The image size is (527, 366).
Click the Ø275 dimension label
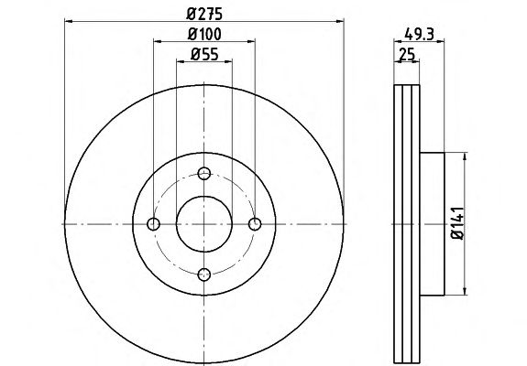(204, 14)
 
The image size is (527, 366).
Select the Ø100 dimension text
(204, 34)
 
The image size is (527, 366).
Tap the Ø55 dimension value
(204, 54)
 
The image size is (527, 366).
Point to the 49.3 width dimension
(419, 34)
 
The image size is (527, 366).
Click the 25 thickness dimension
(407, 54)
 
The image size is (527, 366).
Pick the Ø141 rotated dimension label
(457, 223)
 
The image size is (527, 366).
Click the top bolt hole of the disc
(204, 174)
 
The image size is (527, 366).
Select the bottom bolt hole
(204, 274)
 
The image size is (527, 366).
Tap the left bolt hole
(154, 224)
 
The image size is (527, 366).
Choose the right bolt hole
(255, 224)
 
